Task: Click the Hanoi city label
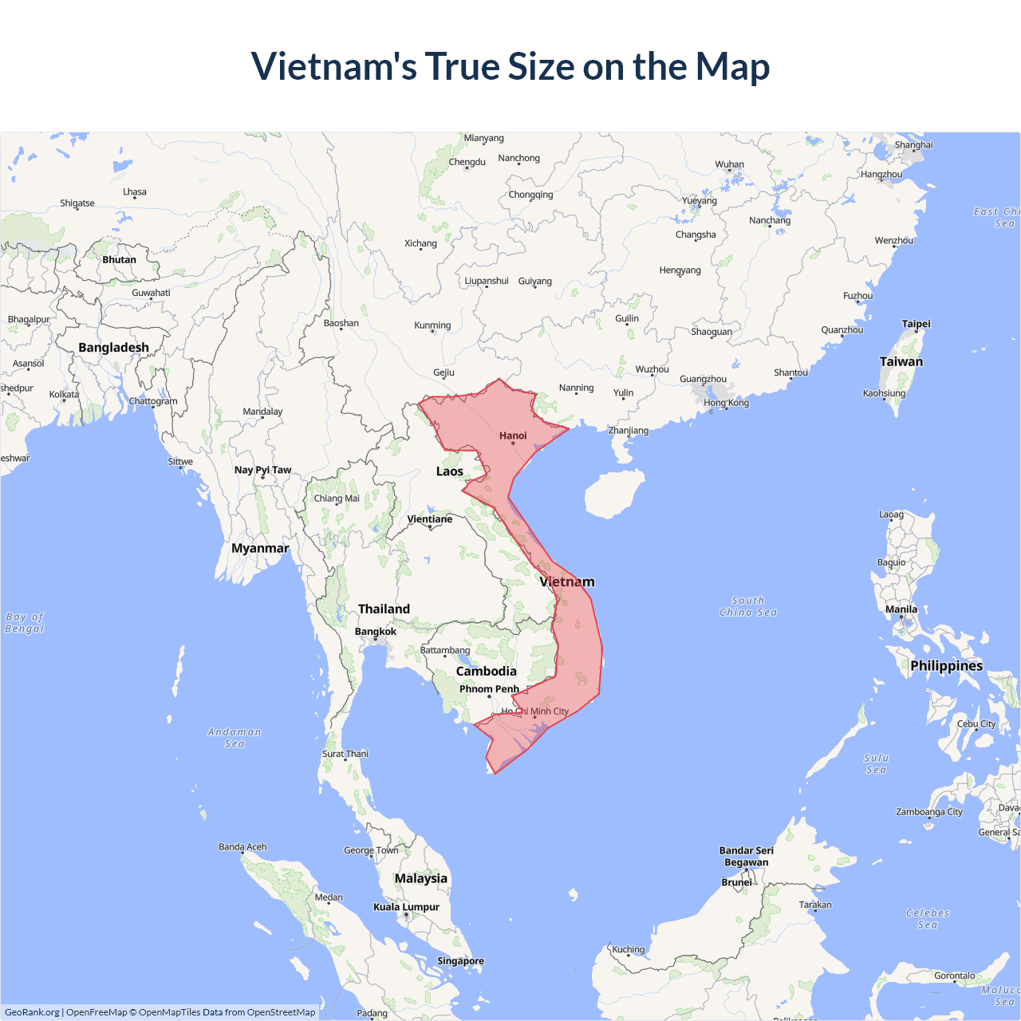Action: click(x=513, y=436)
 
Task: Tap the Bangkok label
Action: click(x=375, y=632)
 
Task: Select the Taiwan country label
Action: click(x=901, y=361)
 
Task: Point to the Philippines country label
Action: click(x=946, y=665)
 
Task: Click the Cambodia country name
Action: click(x=486, y=671)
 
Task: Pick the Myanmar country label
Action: click(x=260, y=548)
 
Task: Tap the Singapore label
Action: click(x=460, y=960)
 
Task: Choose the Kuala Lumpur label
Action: click(x=406, y=907)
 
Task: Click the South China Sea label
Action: click(x=747, y=606)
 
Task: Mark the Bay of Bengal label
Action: click(x=25, y=622)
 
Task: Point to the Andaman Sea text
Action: click(x=235, y=737)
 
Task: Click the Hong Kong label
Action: click(x=726, y=403)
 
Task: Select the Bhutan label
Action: click(x=119, y=259)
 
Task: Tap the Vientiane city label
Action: click(x=429, y=519)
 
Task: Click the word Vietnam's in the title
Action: click(x=333, y=66)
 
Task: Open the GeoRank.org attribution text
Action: click(x=32, y=1012)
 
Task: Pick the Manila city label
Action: click(x=901, y=609)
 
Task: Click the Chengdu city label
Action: click(x=467, y=162)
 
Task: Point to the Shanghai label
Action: click(x=913, y=145)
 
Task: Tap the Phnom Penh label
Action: click(x=489, y=689)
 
